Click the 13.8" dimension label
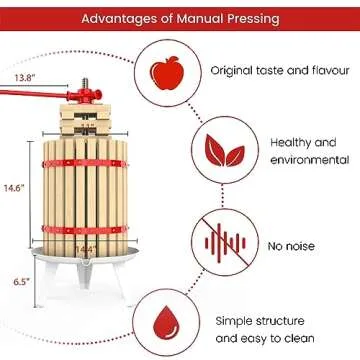(25, 77)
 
